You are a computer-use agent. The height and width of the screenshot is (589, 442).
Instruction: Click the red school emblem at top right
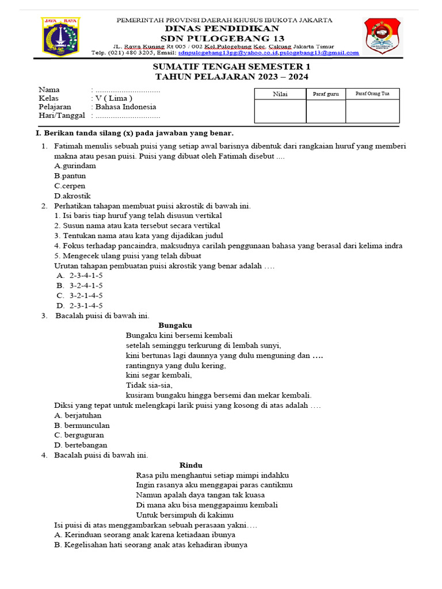pos(382,36)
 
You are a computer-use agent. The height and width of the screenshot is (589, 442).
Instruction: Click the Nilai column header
pos(280,94)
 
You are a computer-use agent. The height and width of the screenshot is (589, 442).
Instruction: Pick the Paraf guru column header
pos(326,94)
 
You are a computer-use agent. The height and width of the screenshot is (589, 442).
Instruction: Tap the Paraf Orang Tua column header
pos(372,93)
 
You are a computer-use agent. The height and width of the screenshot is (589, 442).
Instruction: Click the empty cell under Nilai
pos(280,111)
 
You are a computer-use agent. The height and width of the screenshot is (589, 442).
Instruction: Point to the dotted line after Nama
pos(127,90)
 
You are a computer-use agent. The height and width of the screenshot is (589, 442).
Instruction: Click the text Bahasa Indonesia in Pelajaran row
pos(125,107)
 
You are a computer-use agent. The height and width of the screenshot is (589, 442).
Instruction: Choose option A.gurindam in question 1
pos(75,166)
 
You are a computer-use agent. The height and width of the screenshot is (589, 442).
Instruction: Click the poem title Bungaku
pos(175,325)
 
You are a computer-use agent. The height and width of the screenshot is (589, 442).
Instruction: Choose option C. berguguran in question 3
pos(78,435)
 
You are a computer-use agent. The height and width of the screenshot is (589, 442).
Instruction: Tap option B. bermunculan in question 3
pos(82,425)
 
